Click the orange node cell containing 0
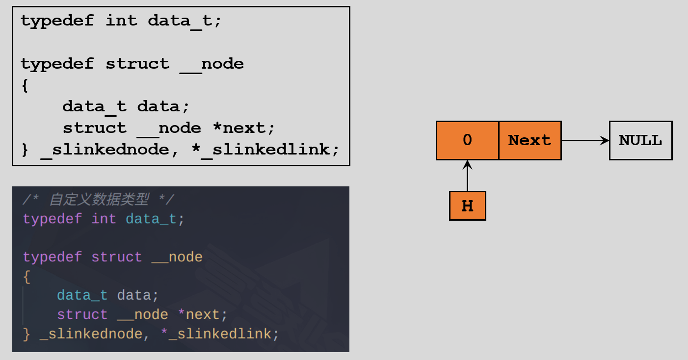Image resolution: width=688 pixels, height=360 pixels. click(468, 140)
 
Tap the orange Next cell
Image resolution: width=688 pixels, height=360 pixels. click(530, 140)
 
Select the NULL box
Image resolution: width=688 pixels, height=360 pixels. click(641, 140)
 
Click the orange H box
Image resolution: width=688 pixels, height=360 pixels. click(468, 206)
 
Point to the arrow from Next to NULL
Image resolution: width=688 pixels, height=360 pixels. click(585, 141)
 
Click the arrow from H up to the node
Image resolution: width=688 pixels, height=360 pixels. click(468, 176)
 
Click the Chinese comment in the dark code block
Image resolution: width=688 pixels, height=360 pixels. click(99, 200)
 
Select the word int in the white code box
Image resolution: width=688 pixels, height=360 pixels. click(121, 21)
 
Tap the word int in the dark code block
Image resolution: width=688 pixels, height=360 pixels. click(104, 219)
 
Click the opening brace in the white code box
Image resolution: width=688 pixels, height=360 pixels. click(25, 85)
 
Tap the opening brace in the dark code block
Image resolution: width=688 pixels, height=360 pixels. click(27, 277)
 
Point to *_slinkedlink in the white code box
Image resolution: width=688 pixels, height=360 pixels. click(265, 150)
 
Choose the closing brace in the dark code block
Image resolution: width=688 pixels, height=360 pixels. click(26, 334)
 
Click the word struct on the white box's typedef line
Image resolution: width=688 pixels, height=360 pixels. click(137, 64)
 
